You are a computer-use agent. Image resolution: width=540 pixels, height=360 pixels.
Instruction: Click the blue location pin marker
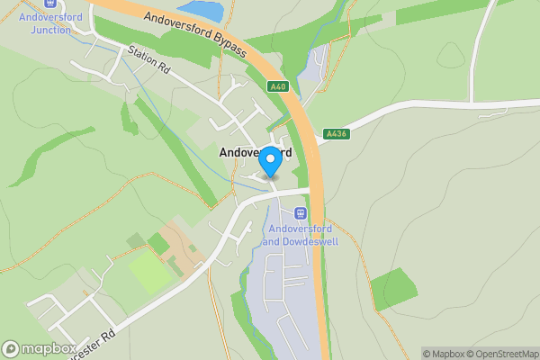click(270, 161)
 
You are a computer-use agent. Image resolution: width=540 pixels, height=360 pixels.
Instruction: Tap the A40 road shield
click(277, 85)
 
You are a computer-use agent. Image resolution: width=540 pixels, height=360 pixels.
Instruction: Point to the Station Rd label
click(149, 59)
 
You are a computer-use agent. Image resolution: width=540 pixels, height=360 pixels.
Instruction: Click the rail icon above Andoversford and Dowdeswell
click(300, 213)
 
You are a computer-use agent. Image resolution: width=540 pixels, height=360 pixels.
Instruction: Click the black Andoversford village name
click(255, 153)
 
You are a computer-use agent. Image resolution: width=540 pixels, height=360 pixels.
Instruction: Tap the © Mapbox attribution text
click(444, 354)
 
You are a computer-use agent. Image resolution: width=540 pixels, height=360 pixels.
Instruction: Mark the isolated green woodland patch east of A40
click(393, 290)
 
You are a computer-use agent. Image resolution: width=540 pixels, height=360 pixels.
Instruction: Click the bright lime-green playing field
click(150, 271)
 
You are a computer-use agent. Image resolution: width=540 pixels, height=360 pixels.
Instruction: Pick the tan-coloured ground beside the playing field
click(183, 244)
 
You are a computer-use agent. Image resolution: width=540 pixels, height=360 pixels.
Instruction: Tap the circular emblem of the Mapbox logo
click(11, 348)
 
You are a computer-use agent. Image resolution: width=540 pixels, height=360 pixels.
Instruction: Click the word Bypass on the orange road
click(227, 45)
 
